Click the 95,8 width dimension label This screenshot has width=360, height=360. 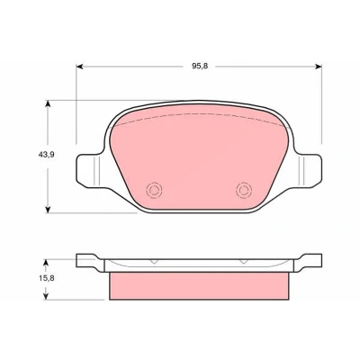click(x=200, y=67)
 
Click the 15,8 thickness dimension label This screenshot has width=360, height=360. click(x=46, y=278)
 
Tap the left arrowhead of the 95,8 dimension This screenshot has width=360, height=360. click(x=79, y=67)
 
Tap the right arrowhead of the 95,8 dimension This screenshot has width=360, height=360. click(x=319, y=67)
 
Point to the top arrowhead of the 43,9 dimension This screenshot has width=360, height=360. click(x=48, y=103)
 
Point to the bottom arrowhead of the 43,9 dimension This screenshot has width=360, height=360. click(x=48, y=210)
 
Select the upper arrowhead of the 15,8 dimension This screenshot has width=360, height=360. click(x=46, y=263)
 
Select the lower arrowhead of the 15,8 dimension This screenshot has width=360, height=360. click(x=46, y=296)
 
